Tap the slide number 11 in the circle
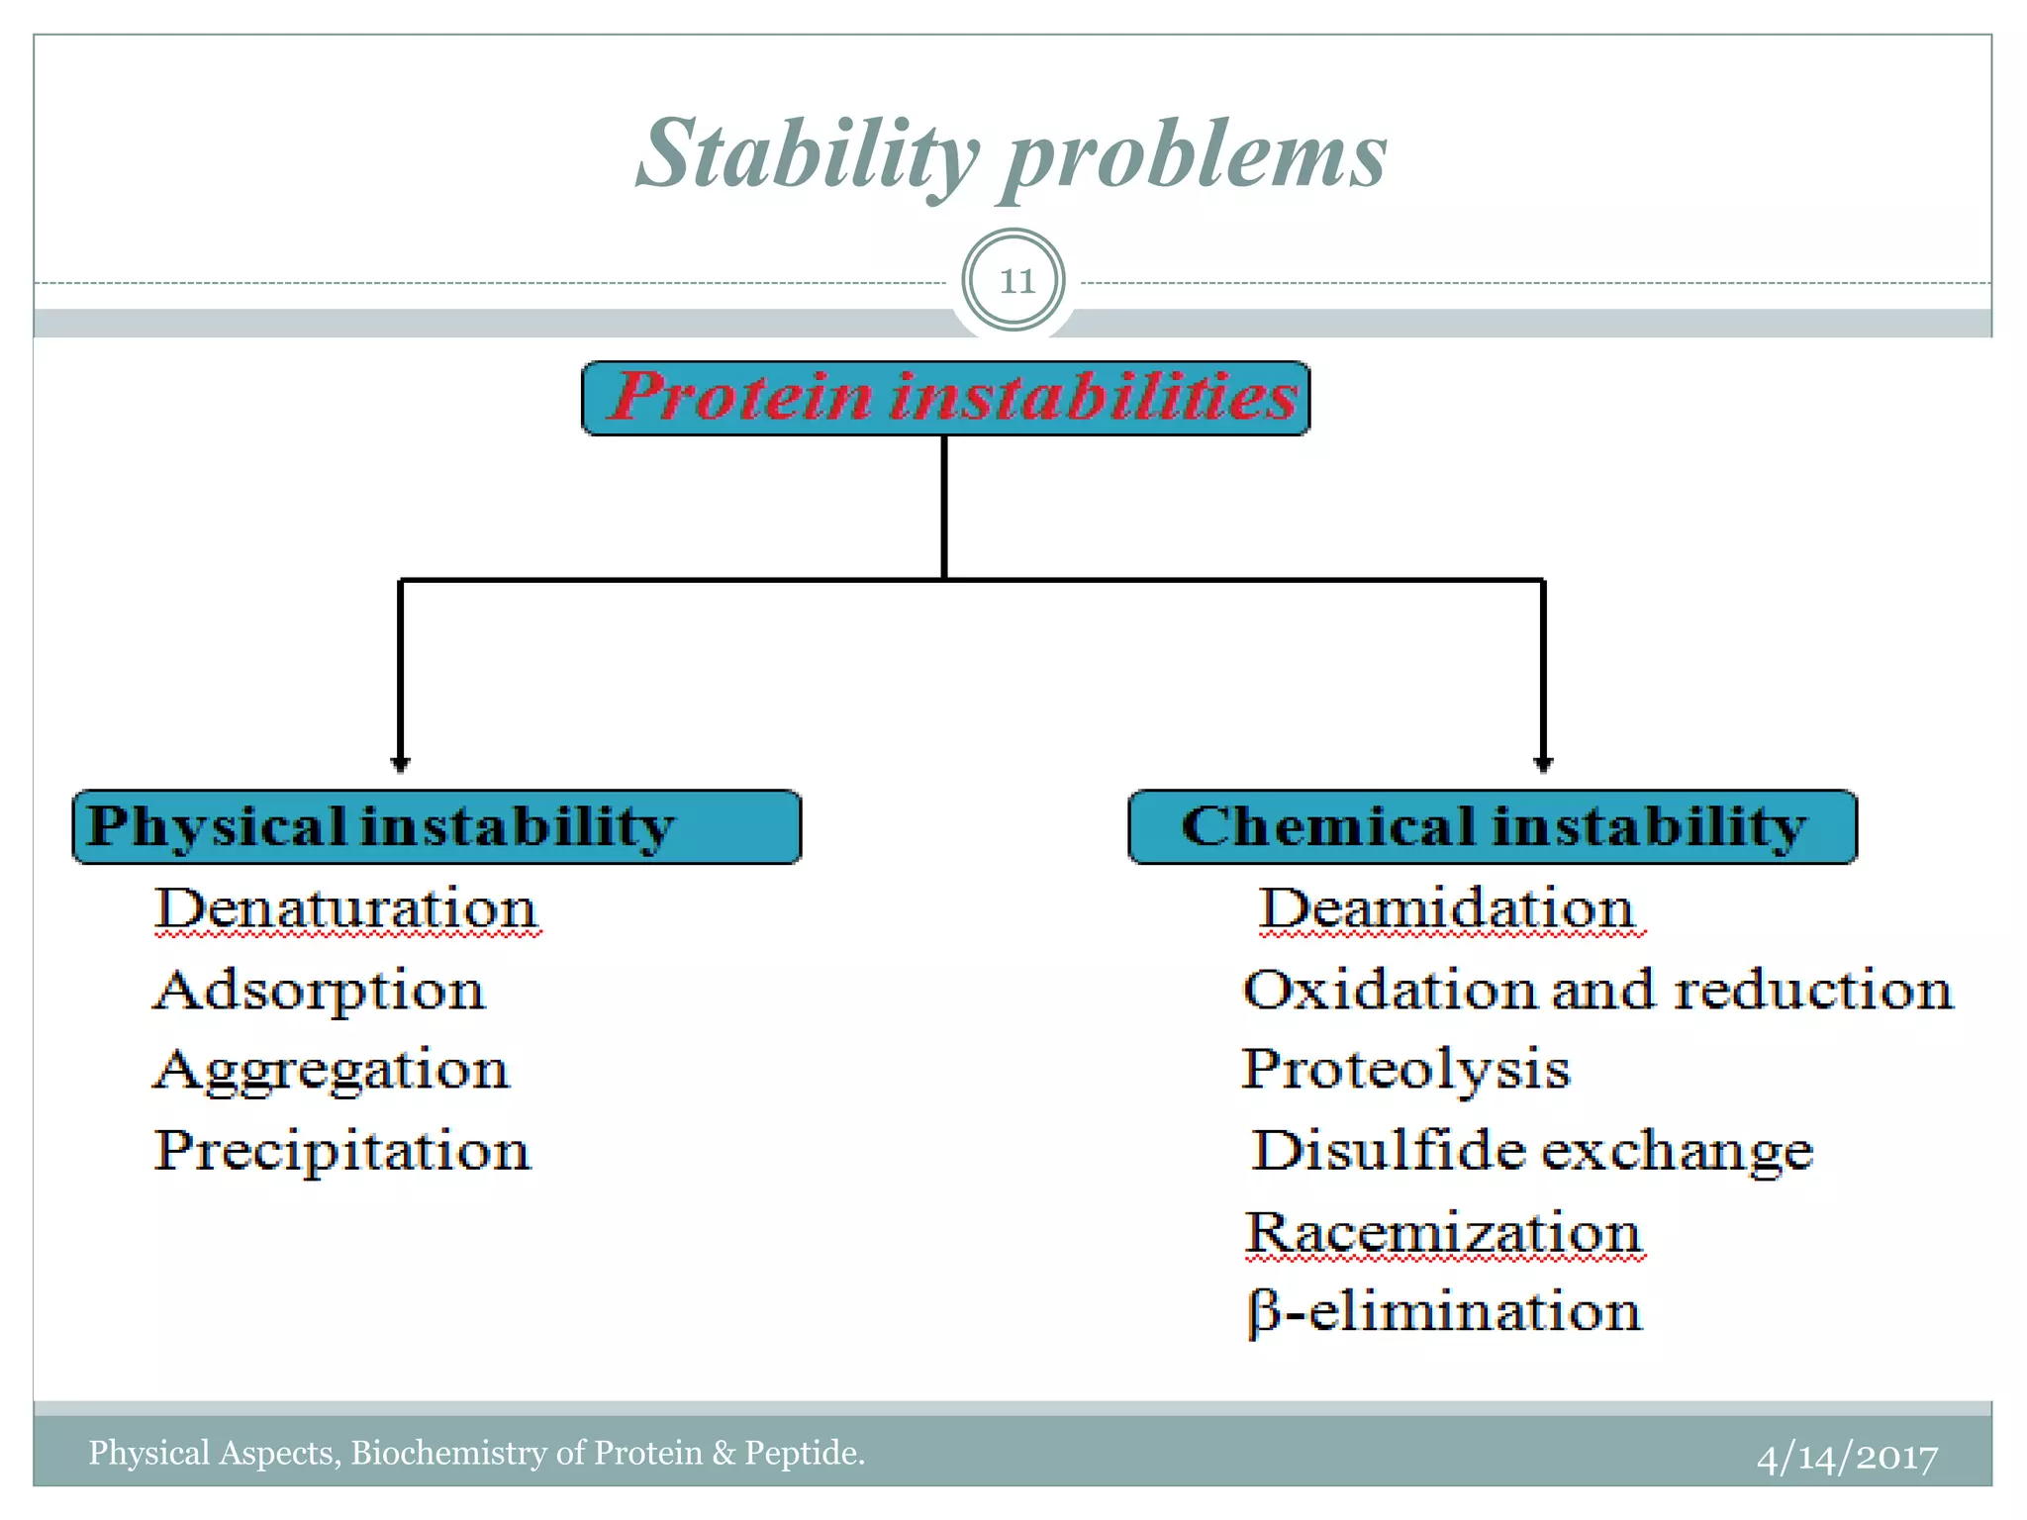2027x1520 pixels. click(1013, 281)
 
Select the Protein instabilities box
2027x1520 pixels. click(945, 398)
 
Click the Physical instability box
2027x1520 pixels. click(436, 826)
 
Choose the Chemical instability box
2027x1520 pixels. click(1493, 826)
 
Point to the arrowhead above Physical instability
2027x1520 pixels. click(400, 763)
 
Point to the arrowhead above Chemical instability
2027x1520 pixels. click(1542, 763)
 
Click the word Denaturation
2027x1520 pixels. click(346, 908)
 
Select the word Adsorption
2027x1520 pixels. click(320, 990)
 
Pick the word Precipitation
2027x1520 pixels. click(342, 1151)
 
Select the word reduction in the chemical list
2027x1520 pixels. click(1813, 990)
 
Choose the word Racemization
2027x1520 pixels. click(1443, 1233)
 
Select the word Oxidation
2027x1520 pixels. click(1390, 990)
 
